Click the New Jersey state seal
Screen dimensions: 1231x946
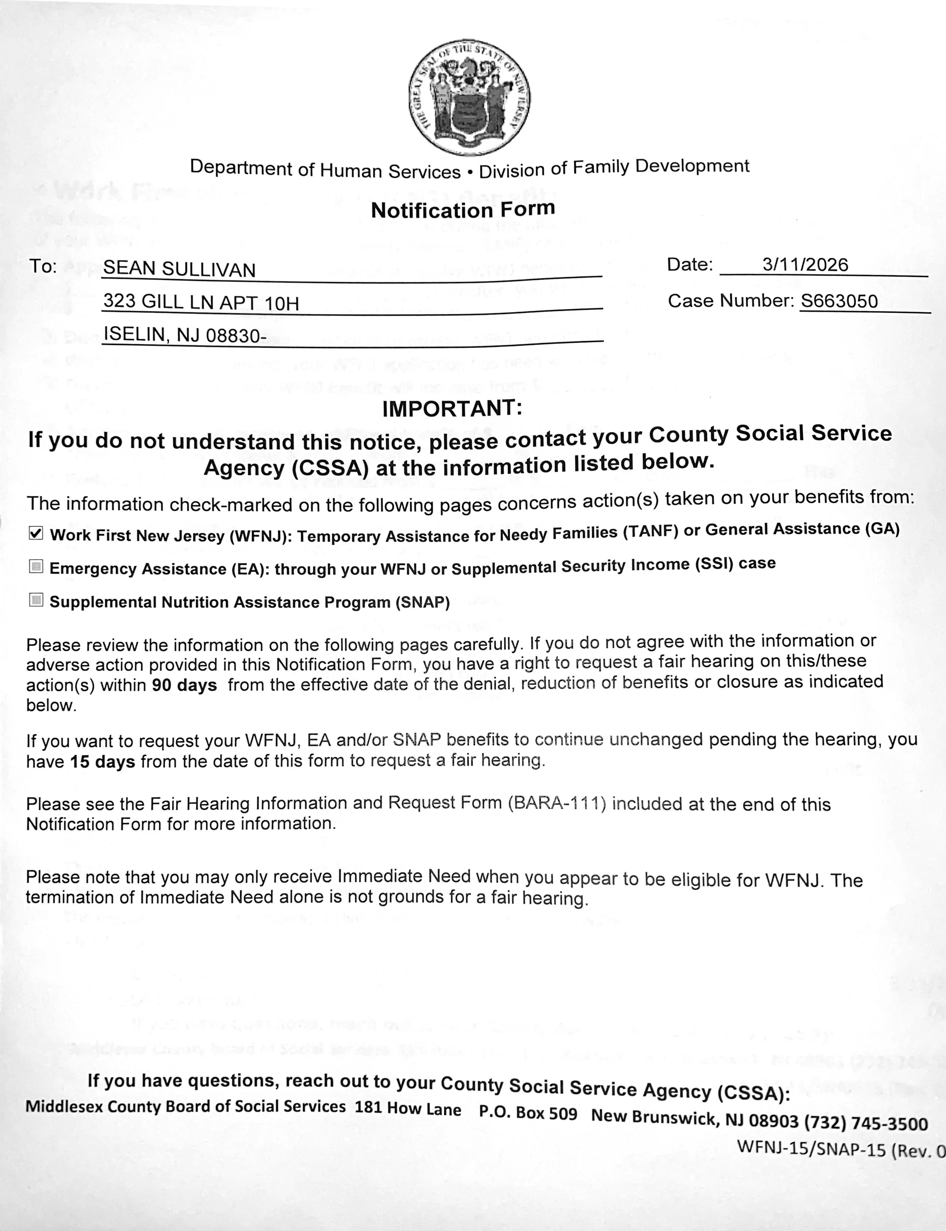469,98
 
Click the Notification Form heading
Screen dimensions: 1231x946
463,209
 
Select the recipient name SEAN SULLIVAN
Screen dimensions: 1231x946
179,269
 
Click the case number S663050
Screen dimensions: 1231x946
839,301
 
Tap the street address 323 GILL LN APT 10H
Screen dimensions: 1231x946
201,303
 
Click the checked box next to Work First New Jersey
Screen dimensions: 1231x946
36,533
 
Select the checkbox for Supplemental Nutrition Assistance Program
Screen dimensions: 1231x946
36,600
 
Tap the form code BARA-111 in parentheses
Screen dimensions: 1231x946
556,803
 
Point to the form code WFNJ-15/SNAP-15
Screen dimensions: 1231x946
811,1148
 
